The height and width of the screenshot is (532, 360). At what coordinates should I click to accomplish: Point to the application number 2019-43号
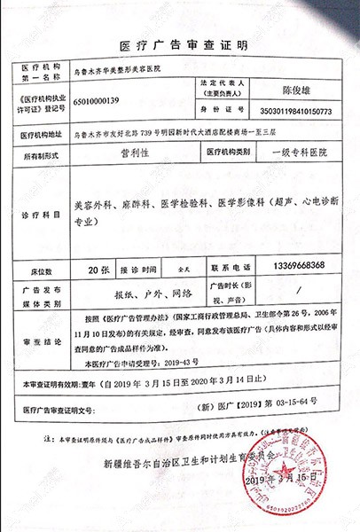(x=186, y=363)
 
